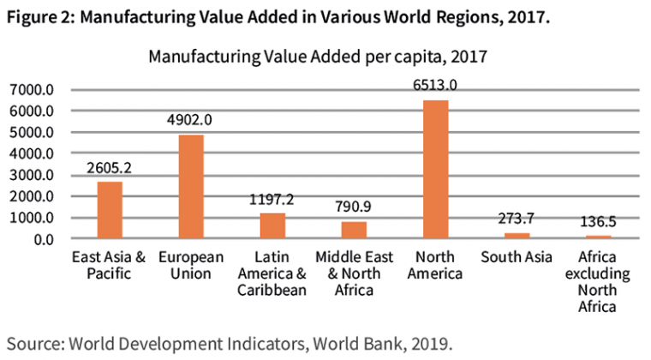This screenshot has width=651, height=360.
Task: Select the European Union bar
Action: (x=191, y=187)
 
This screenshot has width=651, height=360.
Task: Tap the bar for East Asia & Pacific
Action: (x=110, y=210)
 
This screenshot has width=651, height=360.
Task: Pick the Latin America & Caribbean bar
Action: (x=272, y=225)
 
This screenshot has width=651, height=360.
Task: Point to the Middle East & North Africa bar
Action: (x=354, y=230)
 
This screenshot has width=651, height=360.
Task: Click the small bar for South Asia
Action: (x=517, y=236)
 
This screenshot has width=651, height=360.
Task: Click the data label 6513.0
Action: (x=435, y=85)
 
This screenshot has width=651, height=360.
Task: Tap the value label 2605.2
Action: (x=110, y=167)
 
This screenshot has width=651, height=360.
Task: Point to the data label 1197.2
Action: (x=272, y=199)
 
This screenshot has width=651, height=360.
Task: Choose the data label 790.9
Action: (x=354, y=207)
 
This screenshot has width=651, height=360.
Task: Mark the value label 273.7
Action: (x=517, y=219)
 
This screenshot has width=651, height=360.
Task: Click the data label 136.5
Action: (x=597, y=222)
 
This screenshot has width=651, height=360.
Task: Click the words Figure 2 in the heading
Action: (x=36, y=19)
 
